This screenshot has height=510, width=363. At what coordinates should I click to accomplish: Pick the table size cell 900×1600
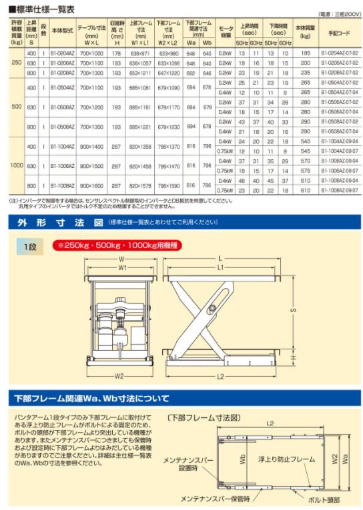91,186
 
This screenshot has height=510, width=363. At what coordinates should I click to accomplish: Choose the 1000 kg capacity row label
17,166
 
